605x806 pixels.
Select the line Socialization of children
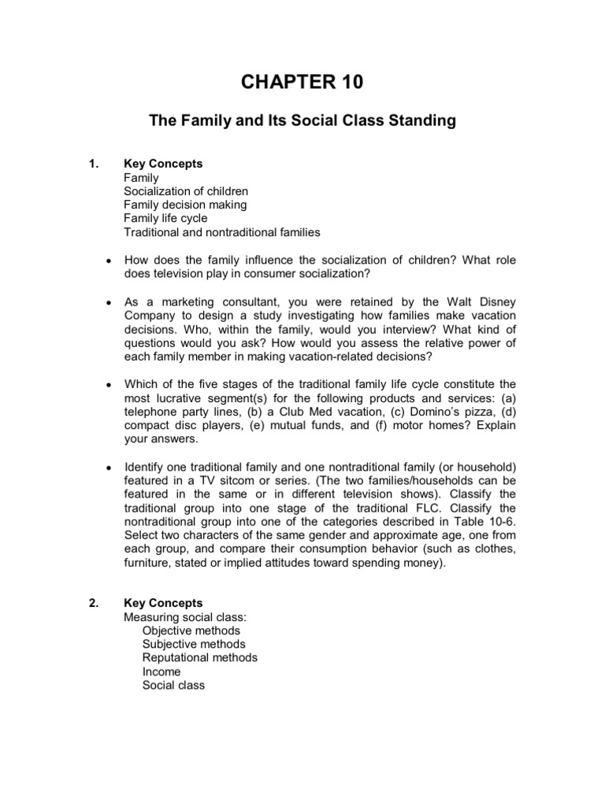click(186, 191)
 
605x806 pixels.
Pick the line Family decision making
click(185, 205)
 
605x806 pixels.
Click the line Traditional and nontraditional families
click(221, 232)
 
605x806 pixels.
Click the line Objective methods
click(191, 630)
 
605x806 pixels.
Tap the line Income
click(161, 671)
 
